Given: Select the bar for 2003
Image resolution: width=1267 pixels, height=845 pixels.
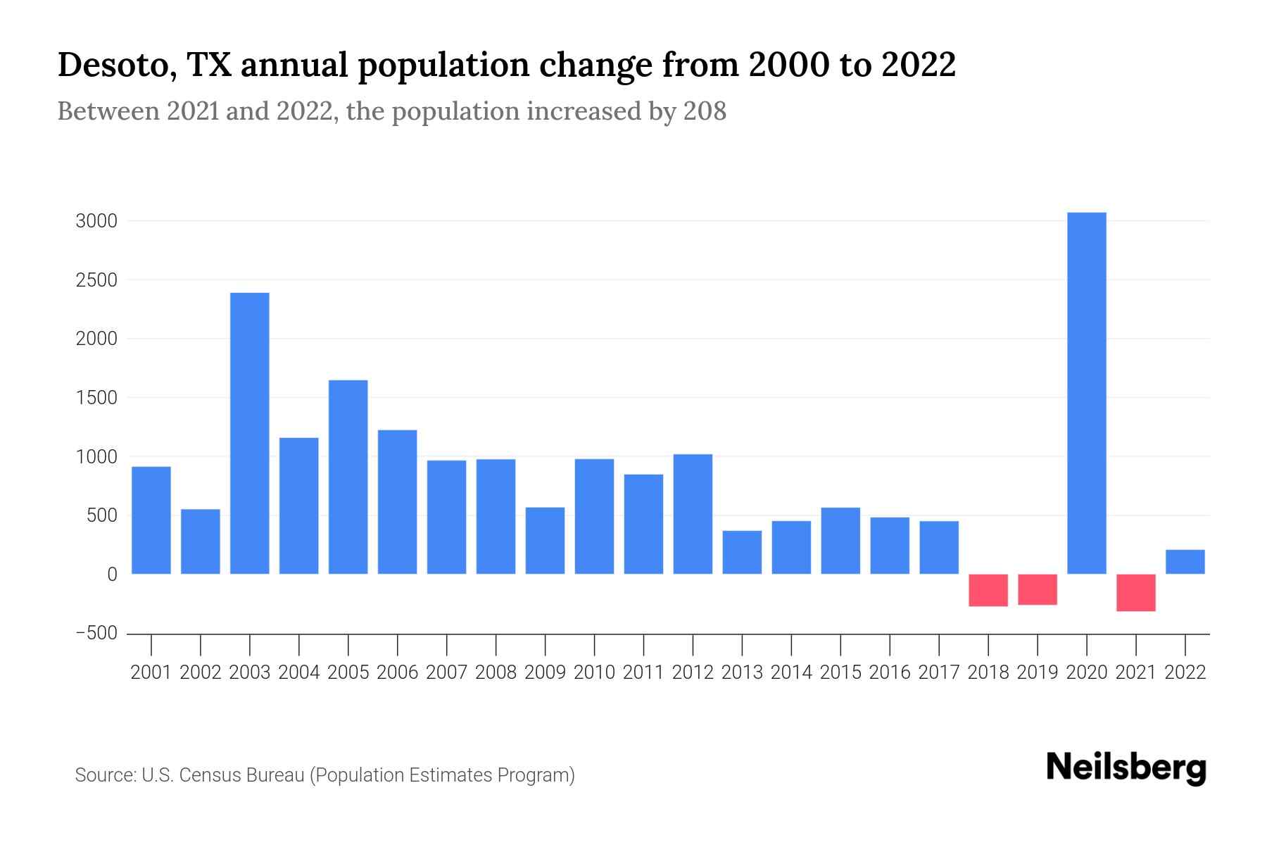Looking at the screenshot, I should [250, 433].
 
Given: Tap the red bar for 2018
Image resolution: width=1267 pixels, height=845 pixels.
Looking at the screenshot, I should [988, 590].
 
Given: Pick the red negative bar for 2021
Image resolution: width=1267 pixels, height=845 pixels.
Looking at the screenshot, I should [1135, 592].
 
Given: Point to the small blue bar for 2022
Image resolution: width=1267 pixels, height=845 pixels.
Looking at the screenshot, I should [1185, 562].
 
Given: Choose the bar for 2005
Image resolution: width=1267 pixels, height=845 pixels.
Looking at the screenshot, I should [348, 477].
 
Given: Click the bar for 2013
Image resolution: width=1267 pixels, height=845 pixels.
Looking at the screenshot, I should [742, 552].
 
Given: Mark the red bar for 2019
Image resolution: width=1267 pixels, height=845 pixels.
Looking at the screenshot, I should [1038, 589].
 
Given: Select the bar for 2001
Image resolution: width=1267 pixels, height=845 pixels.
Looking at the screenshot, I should [151, 520].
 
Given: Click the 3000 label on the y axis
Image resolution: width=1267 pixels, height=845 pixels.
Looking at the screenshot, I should [96, 221].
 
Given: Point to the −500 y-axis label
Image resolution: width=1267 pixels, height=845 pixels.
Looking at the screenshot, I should [96, 633].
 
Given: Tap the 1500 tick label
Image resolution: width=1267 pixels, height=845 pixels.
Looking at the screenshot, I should [96, 398].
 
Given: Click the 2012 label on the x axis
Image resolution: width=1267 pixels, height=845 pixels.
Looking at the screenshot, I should [693, 672].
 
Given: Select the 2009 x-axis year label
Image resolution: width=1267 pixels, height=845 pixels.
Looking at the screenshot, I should [545, 672].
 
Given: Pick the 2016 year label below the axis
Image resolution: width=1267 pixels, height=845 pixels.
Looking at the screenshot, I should [890, 672].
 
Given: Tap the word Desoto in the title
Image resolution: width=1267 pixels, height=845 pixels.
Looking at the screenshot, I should [116, 65].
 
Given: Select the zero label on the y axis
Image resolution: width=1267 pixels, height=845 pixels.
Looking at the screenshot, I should [112, 575].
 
